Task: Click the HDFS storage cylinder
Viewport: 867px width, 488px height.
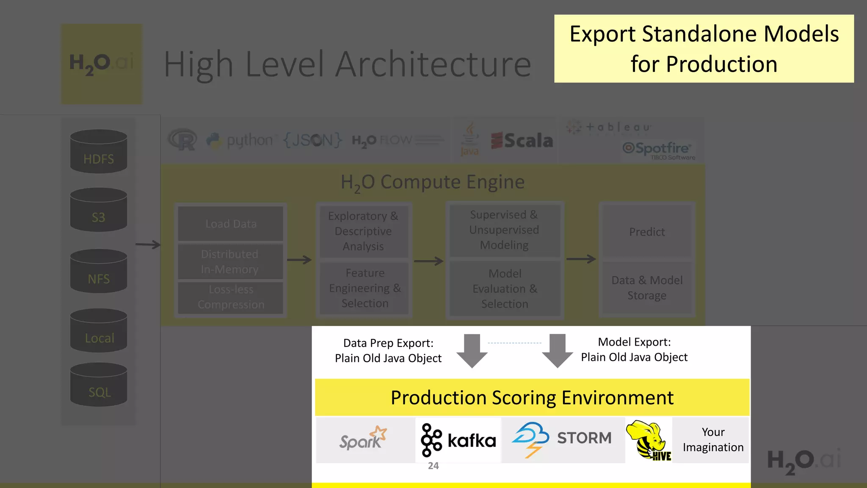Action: tap(99, 151)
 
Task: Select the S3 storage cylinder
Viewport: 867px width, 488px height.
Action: tap(99, 210)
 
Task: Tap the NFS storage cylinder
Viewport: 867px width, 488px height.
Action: tap(99, 271)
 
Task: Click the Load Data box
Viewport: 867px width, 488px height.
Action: tap(231, 224)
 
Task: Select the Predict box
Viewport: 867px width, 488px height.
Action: tap(647, 232)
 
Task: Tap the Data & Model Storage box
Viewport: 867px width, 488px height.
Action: tap(647, 288)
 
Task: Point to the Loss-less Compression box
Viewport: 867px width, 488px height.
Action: tap(231, 297)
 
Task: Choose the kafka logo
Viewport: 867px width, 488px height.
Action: tap(458, 441)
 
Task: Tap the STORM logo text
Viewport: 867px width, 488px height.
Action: tap(584, 438)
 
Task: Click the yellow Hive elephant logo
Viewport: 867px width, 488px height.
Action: tap(649, 441)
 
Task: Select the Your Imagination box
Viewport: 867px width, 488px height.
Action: tap(713, 440)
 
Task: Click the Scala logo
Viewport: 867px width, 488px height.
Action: tap(522, 141)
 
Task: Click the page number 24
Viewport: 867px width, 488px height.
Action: tap(433, 466)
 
